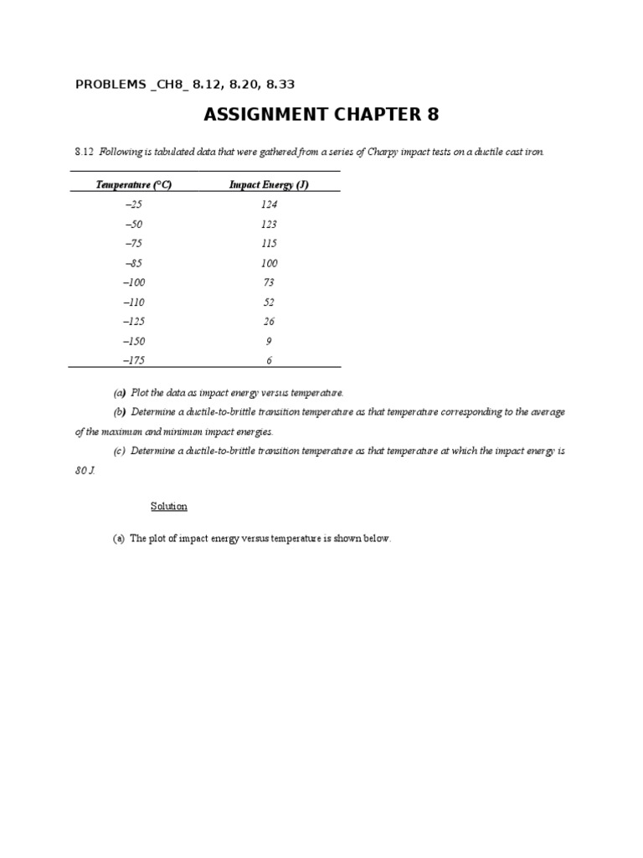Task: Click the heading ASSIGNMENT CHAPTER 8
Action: click(x=321, y=115)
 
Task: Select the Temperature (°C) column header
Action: click(x=134, y=185)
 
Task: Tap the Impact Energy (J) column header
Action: click(x=269, y=185)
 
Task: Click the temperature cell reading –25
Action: click(x=134, y=204)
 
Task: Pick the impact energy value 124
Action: click(x=269, y=204)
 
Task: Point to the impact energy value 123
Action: click(x=269, y=225)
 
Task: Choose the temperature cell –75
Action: click(x=134, y=244)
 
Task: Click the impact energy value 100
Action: click(x=269, y=263)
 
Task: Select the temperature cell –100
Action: click(x=134, y=282)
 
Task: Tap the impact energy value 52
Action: click(x=269, y=302)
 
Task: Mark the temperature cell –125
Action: click(x=134, y=322)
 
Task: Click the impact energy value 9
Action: click(x=269, y=341)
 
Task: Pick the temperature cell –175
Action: click(x=134, y=361)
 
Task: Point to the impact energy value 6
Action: click(x=269, y=361)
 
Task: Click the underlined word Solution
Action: click(x=169, y=507)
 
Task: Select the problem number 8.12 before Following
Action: click(x=83, y=152)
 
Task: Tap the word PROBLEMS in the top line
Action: click(x=111, y=84)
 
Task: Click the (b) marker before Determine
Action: click(x=119, y=412)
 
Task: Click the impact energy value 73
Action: click(x=269, y=282)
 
